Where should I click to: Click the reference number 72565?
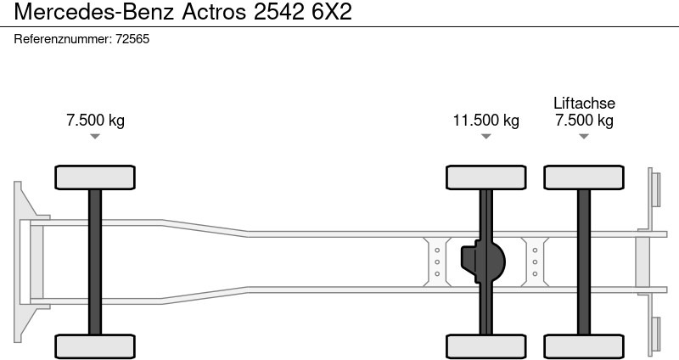point(132,39)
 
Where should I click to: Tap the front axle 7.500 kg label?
point(95,121)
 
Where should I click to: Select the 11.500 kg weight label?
point(485,121)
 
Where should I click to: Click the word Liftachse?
point(584,104)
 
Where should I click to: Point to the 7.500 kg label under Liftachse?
point(584,121)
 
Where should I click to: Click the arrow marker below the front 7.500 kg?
point(95,136)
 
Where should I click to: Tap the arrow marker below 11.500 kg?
point(485,136)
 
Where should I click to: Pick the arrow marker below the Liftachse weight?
point(584,136)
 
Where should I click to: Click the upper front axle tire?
point(95,177)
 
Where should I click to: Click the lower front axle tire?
point(95,346)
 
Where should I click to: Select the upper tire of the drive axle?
point(485,177)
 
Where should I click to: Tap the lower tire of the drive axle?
point(485,346)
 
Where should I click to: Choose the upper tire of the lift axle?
point(584,177)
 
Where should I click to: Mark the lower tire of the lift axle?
point(584,346)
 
